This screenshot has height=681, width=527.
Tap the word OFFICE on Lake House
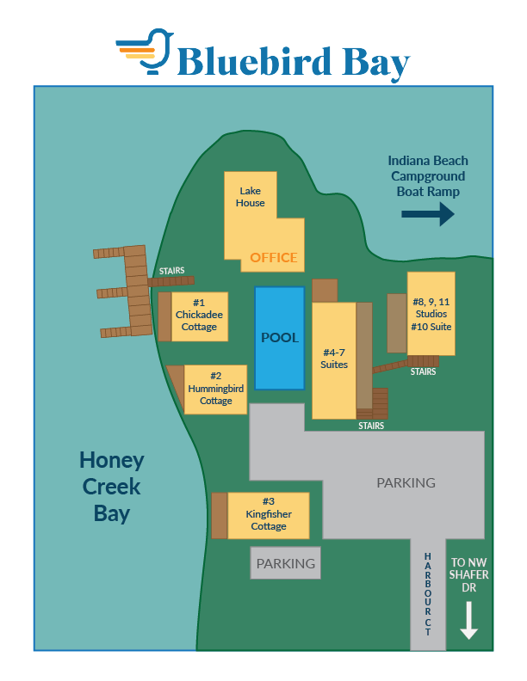point(274,257)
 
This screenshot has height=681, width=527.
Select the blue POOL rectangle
point(280,338)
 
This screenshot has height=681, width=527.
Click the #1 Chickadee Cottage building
point(199,316)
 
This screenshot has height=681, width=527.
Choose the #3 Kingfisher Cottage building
point(268,514)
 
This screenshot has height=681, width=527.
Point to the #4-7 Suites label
point(335,359)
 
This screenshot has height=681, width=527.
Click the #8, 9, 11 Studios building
point(431,314)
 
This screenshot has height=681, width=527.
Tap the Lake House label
point(251,197)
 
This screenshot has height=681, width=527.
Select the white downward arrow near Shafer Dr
point(468,621)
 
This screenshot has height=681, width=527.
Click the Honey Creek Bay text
point(112,487)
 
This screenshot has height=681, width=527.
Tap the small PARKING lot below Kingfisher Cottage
point(286,564)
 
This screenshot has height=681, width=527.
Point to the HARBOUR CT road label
point(428,593)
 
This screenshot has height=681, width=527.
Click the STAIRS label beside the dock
point(171,271)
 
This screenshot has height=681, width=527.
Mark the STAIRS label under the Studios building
point(423,372)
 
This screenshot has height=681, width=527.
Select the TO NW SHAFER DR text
point(468,576)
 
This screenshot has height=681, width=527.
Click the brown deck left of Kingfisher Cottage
point(220,516)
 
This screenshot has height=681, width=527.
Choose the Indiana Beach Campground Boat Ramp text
point(428,176)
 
